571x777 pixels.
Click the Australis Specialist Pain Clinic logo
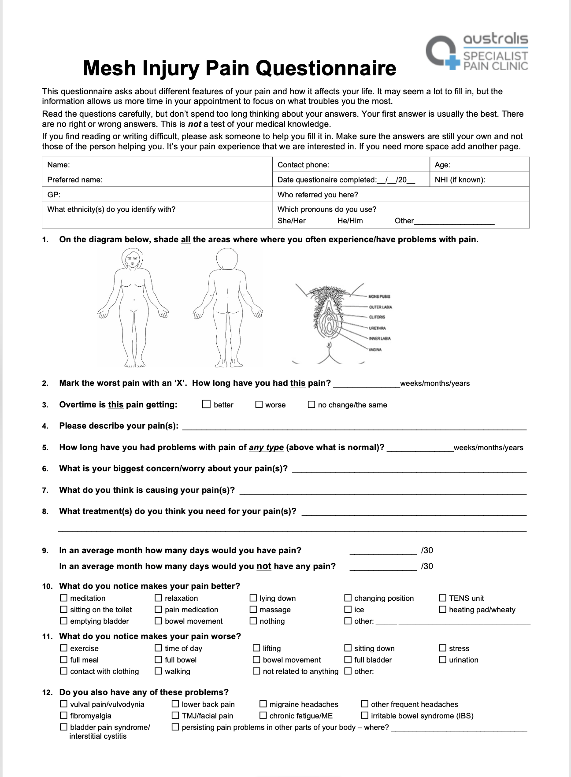point(477,52)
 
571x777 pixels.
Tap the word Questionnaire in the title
point(326,69)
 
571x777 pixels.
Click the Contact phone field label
point(303,165)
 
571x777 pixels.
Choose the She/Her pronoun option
point(291,221)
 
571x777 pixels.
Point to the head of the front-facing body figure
point(132,259)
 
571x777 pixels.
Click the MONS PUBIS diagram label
point(379,296)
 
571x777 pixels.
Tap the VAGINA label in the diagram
point(375,349)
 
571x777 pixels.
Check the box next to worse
point(259,404)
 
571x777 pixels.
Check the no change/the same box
point(311,404)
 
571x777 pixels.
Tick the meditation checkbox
point(64,598)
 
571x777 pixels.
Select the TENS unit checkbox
point(443,598)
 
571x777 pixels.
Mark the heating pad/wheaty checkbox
point(443,609)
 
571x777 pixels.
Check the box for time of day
point(159,648)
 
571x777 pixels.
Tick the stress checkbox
point(443,648)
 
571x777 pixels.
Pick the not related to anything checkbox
point(256,671)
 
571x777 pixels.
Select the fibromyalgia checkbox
point(64,715)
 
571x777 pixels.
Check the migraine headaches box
point(263,704)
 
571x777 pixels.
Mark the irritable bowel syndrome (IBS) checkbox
point(365,715)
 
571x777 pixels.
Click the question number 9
point(45,551)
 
